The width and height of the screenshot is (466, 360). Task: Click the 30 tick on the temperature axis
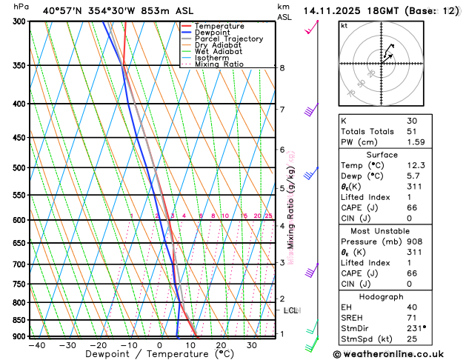click(x=252, y=345)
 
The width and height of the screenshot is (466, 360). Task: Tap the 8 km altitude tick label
click(x=282, y=68)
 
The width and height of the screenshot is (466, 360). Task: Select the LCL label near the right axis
click(x=290, y=310)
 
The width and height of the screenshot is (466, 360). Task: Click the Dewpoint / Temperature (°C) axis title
click(x=153, y=354)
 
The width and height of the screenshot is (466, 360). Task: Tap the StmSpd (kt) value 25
click(x=412, y=339)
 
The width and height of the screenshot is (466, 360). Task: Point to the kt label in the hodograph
click(x=344, y=26)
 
